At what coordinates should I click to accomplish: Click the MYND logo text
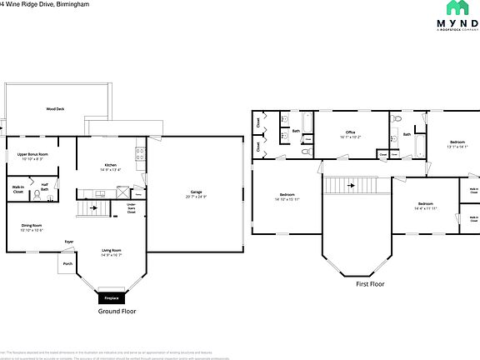tap(455, 23)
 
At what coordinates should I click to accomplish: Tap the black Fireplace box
tap(112, 297)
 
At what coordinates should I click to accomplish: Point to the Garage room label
tap(197, 192)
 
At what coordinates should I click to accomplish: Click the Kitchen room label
tap(109, 165)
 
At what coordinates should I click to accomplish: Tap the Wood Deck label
tap(56, 109)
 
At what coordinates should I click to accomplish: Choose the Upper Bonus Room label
tap(32, 154)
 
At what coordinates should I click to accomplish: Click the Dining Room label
tap(32, 224)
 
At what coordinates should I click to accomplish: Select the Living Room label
tap(112, 250)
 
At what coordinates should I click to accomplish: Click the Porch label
tap(67, 263)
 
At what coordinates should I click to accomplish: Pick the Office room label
tap(351, 132)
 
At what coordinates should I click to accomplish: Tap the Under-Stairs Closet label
tap(131, 207)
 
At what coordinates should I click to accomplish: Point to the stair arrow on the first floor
tap(352, 185)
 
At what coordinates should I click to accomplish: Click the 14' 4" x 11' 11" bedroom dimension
tap(425, 208)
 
